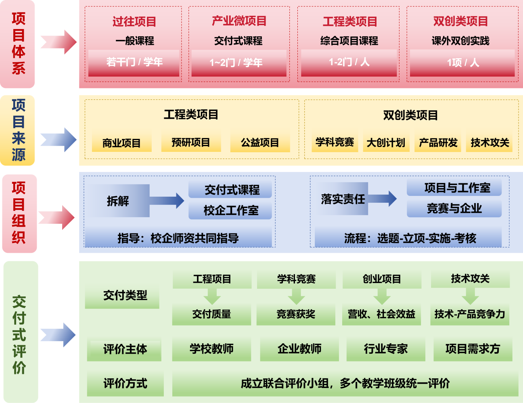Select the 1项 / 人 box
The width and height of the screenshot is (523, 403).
(x=462, y=63)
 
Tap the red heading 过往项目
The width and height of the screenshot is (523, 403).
(x=134, y=21)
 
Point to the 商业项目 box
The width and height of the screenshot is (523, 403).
(x=121, y=143)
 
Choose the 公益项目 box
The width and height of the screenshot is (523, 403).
(x=260, y=143)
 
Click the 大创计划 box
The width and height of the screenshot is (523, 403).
(x=386, y=143)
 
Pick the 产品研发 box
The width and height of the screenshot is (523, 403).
(x=438, y=143)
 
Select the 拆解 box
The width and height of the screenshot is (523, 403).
(x=118, y=201)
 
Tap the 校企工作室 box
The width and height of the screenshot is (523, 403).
(x=230, y=210)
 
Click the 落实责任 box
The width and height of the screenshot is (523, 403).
(x=343, y=199)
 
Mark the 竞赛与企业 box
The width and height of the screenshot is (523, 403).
(x=454, y=208)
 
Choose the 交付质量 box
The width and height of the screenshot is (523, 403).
(x=211, y=314)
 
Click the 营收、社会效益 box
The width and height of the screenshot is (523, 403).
(x=381, y=314)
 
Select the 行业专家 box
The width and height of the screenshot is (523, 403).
(x=385, y=349)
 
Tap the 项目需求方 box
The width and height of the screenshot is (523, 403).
(x=473, y=349)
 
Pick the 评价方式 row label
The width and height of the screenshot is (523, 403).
(x=125, y=383)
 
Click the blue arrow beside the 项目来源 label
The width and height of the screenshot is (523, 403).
(x=59, y=140)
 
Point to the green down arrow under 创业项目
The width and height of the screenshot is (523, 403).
(x=382, y=297)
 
